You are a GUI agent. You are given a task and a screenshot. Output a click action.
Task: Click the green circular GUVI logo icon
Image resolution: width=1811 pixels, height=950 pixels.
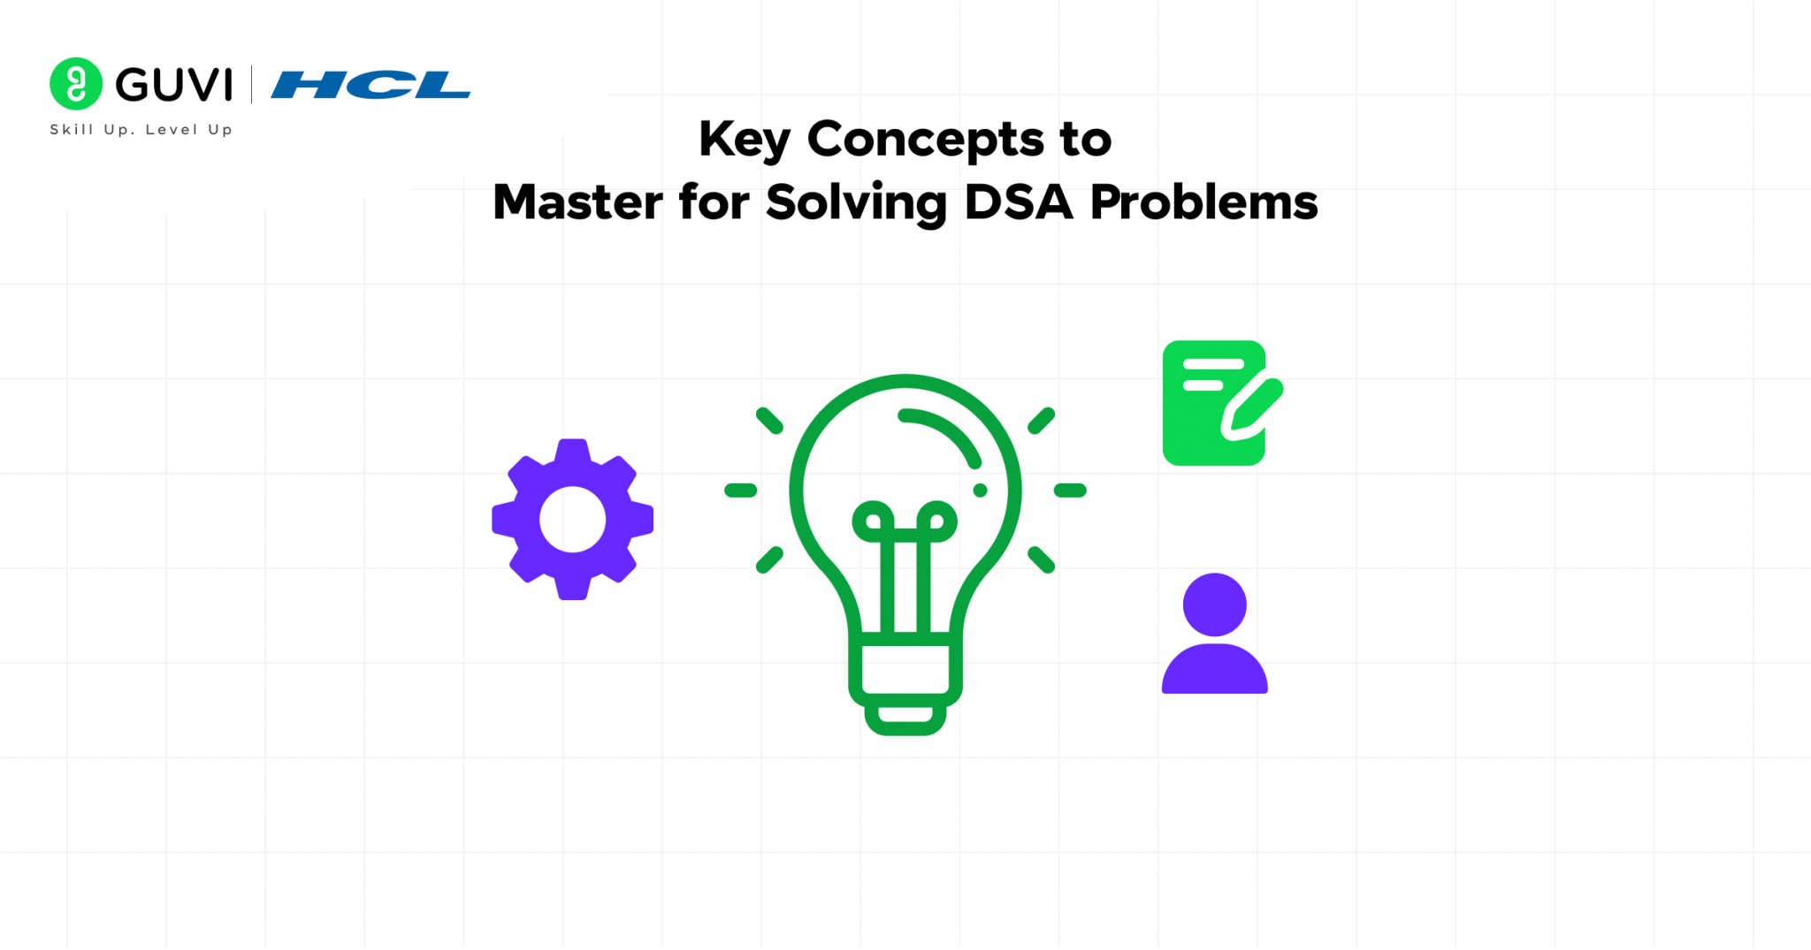[76, 84]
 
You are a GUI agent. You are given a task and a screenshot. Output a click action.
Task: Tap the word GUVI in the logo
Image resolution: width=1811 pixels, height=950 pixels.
[174, 85]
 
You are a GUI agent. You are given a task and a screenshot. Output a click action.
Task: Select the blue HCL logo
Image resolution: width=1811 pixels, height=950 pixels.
[371, 85]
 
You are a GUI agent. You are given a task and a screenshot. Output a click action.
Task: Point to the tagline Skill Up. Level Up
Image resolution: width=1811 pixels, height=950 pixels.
[141, 130]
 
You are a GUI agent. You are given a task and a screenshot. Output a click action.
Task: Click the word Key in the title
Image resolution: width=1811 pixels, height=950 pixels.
[744, 141]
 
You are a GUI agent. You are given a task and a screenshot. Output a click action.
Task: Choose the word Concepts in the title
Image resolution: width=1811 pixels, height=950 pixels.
[925, 141]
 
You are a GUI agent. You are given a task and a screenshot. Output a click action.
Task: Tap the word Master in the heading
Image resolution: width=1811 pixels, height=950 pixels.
[577, 202]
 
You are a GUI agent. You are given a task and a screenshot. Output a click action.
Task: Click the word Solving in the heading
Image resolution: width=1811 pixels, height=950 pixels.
[856, 203]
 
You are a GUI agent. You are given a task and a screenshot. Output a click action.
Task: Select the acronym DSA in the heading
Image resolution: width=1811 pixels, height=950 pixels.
[1018, 202]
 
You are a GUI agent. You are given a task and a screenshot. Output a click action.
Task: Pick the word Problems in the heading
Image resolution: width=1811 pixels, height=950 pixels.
[1204, 202]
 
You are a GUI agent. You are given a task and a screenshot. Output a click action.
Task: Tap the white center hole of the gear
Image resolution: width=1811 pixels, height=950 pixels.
[572, 520]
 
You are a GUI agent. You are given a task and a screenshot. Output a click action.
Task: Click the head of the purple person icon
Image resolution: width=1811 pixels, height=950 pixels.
[1214, 604]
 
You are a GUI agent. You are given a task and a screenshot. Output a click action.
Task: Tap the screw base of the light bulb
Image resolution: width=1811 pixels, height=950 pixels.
[905, 680]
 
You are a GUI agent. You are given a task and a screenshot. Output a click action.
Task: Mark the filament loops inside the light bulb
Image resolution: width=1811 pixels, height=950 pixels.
[905, 522]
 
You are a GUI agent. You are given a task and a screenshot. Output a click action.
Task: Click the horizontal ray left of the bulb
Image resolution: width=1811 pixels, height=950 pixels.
[740, 490]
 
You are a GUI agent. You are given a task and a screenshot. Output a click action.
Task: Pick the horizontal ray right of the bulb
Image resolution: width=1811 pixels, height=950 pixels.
[1070, 490]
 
